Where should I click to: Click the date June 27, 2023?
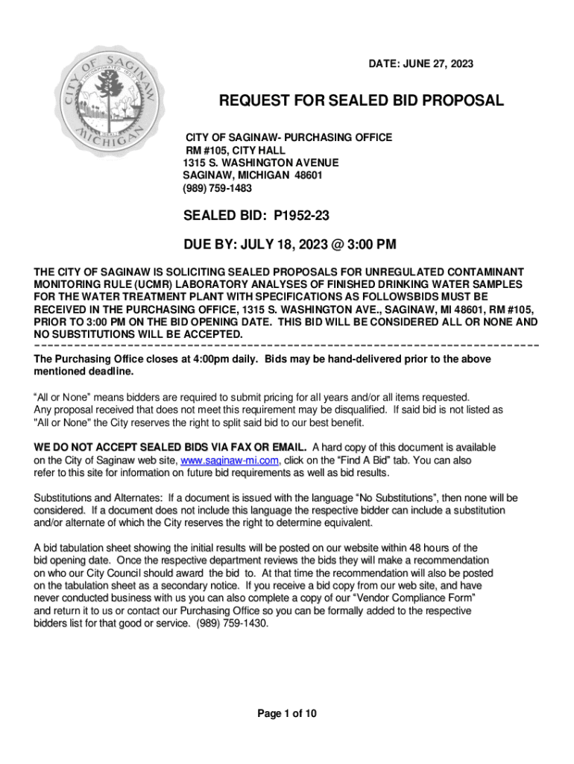[421, 65]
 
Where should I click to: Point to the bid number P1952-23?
[302, 216]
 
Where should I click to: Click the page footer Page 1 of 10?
[287, 714]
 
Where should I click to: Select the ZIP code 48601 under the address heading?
[307, 175]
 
